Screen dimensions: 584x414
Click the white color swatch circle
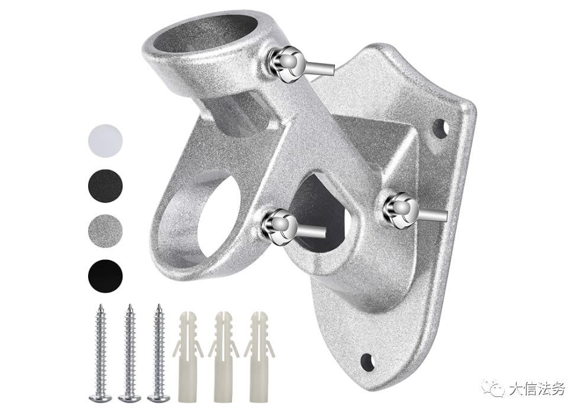tap(105, 140)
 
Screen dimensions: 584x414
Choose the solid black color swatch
tap(105, 277)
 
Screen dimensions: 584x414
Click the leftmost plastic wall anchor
tap(187, 356)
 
